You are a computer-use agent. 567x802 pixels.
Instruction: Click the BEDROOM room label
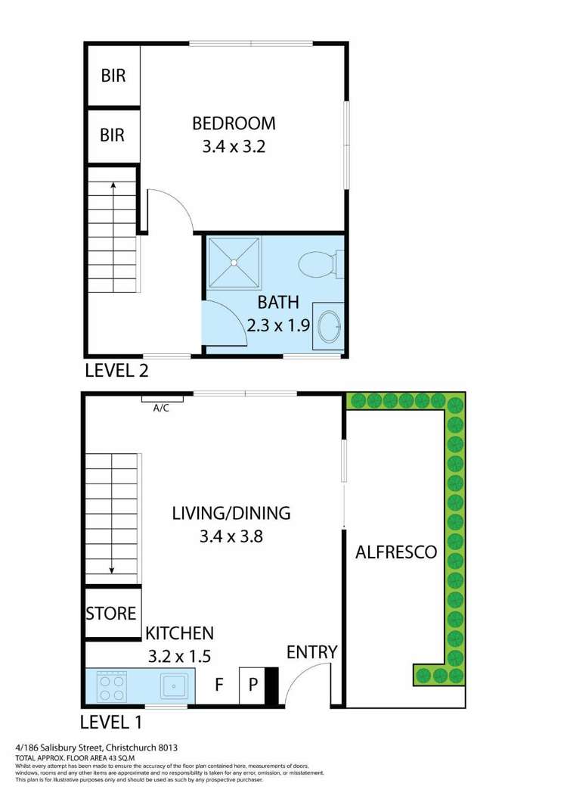[x=233, y=123]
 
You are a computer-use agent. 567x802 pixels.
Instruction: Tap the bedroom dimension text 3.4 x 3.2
[x=233, y=147]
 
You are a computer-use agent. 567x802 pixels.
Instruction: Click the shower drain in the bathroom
[x=234, y=263]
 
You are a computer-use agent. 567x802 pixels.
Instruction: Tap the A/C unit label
[x=161, y=409]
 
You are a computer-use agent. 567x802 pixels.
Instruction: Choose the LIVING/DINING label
[x=231, y=513]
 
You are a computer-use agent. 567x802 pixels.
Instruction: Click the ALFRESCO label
[x=396, y=552]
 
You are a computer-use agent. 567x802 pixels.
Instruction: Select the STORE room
[x=111, y=613]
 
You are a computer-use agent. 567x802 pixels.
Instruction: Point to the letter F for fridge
[x=218, y=685]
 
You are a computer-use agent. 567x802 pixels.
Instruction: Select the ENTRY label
[x=311, y=652]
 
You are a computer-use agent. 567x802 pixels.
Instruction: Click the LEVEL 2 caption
[x=116, y=371]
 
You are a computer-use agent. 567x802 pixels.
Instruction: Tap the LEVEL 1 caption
[x=113, y=721]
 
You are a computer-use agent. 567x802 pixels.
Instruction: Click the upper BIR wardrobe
[x=112, y=76]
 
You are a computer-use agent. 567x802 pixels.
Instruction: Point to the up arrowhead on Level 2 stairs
[x=113, y=183]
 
